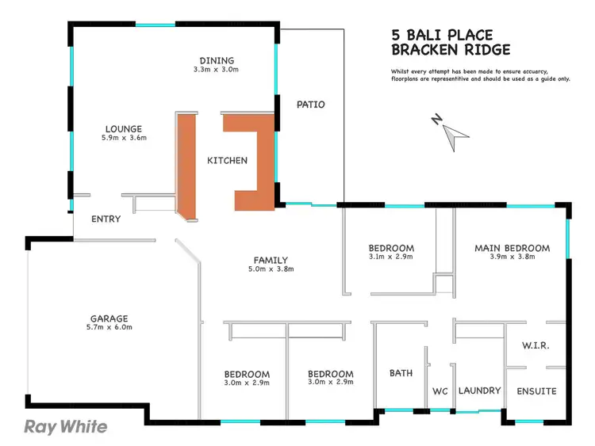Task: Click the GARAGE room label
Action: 109,318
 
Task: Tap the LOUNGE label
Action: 124,128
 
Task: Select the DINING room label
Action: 216,60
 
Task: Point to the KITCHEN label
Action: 227,161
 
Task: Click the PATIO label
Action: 310,105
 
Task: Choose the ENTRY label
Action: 106,219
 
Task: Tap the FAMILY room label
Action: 271,260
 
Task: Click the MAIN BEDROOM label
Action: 512,248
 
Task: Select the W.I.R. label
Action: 535,346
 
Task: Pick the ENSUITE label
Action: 536,391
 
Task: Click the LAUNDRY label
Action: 480,391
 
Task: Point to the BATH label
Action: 400,373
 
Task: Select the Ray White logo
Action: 66,427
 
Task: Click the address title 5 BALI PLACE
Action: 442,35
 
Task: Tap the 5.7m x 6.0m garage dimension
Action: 109,327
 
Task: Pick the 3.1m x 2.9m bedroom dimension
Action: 391,257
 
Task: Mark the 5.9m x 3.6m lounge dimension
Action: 124,138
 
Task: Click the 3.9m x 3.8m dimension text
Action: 512,257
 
